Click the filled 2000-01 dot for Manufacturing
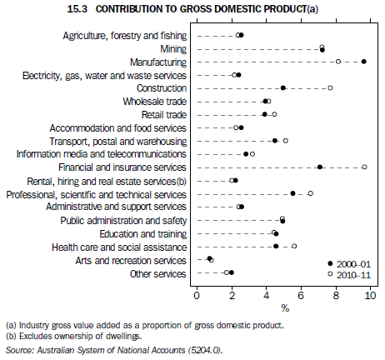[364, 61]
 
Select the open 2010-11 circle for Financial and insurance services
[364, 167]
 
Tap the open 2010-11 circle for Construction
[330, 87]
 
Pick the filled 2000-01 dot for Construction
[283, 87]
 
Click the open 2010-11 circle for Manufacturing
[337, 61]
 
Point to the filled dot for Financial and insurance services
[320, 167]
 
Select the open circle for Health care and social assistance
[294, 246]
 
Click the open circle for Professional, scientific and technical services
[310, 193]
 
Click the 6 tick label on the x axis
[301, 295]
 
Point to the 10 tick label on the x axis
[369, 295]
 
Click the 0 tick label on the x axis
[197, 295]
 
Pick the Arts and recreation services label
[137, 259]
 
